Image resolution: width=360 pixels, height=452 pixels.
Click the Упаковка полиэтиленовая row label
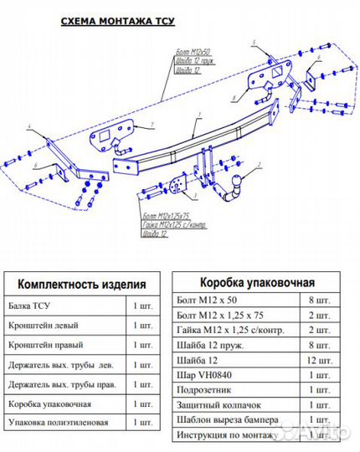(57, 422)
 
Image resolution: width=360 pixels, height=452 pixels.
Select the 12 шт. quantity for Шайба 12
(316, 359)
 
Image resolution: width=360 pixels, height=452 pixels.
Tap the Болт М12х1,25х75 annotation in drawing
(173, 216)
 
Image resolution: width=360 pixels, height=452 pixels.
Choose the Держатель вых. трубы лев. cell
(60, 364)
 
